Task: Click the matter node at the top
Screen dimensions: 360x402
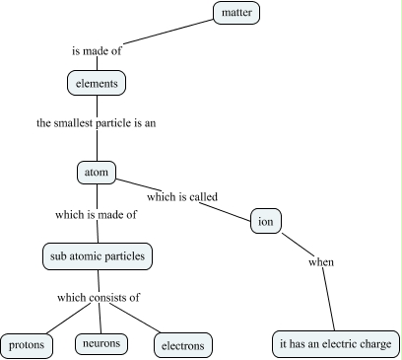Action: (240, 13)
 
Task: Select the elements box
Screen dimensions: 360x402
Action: (98, 84)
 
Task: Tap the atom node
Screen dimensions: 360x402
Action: (97, 172)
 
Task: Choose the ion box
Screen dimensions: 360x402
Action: (266, 221)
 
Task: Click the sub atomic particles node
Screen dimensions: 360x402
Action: (98, 256)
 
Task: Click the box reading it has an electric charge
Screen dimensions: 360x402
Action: (335, 344)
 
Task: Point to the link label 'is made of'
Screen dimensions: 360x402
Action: (97, 48)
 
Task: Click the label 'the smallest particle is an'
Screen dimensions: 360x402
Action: (97, 124)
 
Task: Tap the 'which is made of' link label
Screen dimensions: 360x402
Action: (97, 214)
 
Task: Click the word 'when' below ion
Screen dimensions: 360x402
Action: (321, 262)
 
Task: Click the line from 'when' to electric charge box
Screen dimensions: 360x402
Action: (329, 300)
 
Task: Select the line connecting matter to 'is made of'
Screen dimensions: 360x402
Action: (167, 31)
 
